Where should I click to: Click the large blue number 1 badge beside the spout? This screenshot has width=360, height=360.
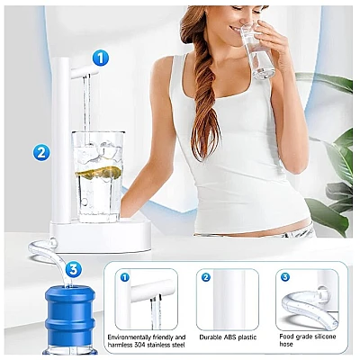point(101,58)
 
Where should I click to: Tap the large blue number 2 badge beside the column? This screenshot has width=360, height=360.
point(41,153)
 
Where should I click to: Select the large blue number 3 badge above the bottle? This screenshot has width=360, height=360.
point(73,270)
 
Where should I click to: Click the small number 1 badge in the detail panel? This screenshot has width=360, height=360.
point(125,277)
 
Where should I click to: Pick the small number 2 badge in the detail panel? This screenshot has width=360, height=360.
point(205,277)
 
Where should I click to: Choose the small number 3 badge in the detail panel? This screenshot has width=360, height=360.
point(285,277)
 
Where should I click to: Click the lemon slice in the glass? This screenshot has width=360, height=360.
point(98,172)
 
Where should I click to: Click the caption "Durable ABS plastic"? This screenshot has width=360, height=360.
point(228,337)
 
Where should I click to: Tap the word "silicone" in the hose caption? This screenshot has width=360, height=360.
point(324,337)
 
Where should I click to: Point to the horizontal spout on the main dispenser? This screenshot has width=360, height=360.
point(85,72)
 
